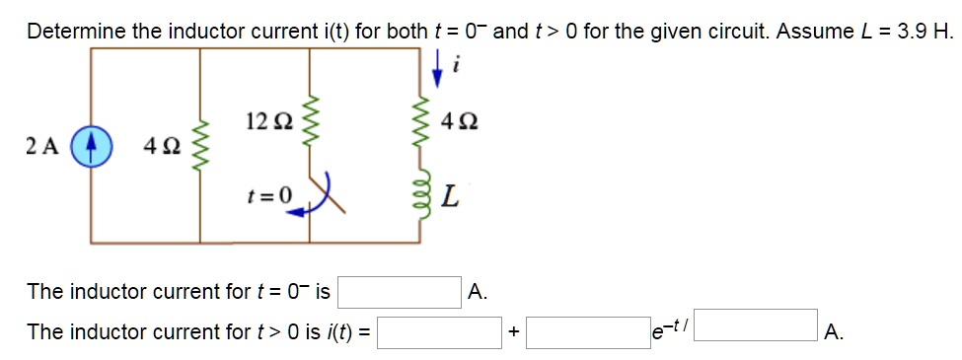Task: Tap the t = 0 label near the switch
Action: point(269,194)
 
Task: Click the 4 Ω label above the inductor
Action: point(462,123)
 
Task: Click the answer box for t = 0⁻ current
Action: point(401,292)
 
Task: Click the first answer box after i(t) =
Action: point(440,332)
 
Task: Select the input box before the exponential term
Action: point(587,332)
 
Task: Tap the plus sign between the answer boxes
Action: point(513,333)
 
